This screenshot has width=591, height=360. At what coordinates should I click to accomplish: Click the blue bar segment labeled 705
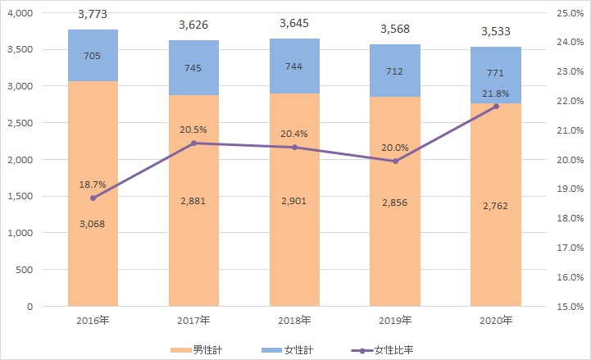coord(93,56)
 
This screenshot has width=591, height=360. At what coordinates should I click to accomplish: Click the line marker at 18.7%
coord(93,198)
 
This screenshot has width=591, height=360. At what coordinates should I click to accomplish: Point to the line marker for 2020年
coord(496,107)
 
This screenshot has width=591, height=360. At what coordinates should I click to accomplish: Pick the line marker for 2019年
coord(395,161)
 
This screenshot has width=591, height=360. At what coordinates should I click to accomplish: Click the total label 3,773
coord(93,13)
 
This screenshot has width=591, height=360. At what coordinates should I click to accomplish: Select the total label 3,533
coord(496,30)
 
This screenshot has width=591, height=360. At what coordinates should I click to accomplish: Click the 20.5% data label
coord(193,129)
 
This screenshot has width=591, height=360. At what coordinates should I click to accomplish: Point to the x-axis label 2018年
coord(294,320)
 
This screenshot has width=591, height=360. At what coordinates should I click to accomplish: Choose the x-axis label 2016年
coord(93,320)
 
